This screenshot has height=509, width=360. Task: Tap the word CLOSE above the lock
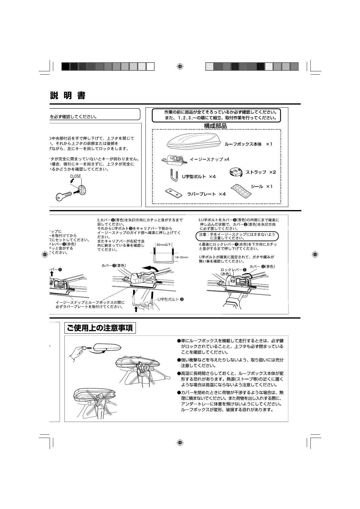76,176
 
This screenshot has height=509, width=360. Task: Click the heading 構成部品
215,126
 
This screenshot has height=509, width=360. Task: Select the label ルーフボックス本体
243,144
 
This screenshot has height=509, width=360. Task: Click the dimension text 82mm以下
164,244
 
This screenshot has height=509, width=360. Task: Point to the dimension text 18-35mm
182,257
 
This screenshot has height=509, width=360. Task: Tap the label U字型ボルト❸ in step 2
171,300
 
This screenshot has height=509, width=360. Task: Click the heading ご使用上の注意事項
100,328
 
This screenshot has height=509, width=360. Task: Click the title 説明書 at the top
68,96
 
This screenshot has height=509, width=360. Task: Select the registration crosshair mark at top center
180,66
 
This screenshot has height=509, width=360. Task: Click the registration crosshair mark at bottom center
180,443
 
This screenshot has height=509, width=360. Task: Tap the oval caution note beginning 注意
237,236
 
